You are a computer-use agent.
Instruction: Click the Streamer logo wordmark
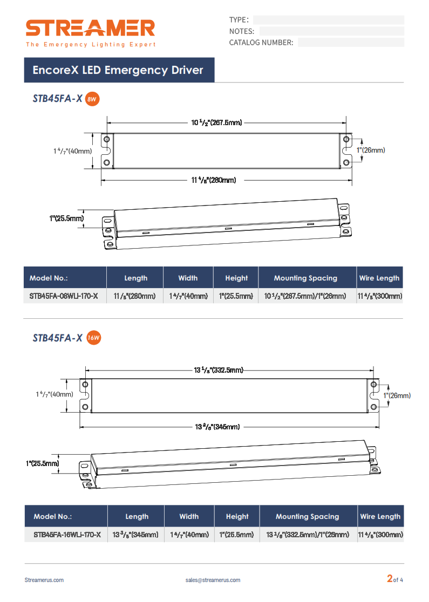pos(90,28)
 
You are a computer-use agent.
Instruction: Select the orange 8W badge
pos(92,99)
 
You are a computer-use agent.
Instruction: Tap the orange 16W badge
pos(93,338)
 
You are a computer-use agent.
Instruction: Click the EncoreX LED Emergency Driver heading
pos(118,70)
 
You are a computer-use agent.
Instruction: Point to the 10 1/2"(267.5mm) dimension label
pos(216,122)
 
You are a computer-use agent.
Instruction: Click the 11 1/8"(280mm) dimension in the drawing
pos(214,180)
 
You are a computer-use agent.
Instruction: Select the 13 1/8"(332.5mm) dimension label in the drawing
pos(219,370)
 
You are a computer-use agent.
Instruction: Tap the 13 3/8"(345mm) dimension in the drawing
pos(217,427)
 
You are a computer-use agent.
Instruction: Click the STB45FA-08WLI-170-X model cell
pos(64,296)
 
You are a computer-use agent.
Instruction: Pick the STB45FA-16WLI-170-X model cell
pos(67,535)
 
